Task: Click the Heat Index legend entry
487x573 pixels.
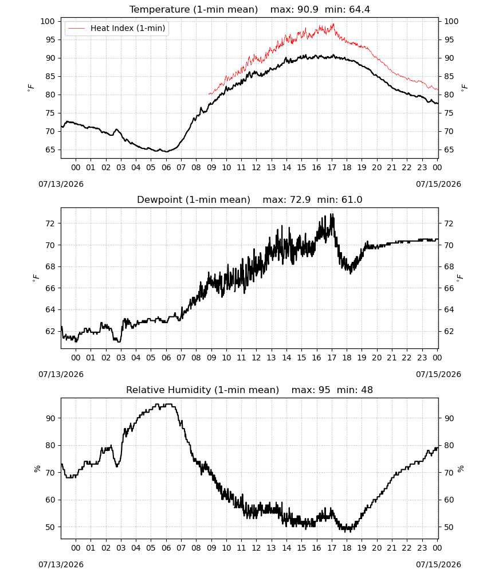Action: pyautogui.click(x=116, y=28)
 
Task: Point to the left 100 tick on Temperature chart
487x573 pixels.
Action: pyautogui.click(x=48, y=21)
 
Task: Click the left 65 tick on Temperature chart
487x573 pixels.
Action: pyautogui.click(x=50, y=150)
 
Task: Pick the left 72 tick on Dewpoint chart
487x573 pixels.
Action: pyautogui.click(x=50, y=223)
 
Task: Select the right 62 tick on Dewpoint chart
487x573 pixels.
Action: pyautogui.click(x=449, y=331)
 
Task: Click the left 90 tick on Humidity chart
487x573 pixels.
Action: pyautogui.click(x=50, y=418)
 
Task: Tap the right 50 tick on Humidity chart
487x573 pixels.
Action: pyautogui.click(x=449, y=527)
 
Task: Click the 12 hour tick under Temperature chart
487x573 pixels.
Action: pyautogui.click(x=256, y=167)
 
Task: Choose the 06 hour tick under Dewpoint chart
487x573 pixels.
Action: pyautogui.click(x=166, y=358)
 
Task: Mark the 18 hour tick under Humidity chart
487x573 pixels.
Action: pyautogui.click(x=347, y=548)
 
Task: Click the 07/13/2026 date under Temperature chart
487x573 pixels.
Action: pyautogui.click(x=61, y=184)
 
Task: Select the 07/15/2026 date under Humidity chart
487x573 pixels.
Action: pyautogui.click(x=438, y=564)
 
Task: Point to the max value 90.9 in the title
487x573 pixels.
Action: pyautogui.click(x=308, y=9)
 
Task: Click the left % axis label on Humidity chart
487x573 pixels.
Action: pyautogui.click(x=37, y=469)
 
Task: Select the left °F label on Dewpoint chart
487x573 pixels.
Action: pyautogui.click(x=36, y=278)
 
